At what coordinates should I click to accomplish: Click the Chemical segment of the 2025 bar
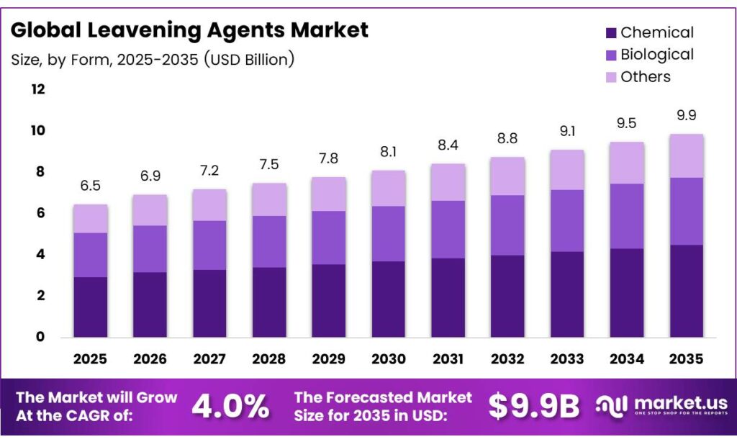coord(90,307)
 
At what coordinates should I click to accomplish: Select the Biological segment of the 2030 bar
coord(389,233)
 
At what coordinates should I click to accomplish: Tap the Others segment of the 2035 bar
coord(687,155)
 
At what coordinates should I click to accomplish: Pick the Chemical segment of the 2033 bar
coord(567,294)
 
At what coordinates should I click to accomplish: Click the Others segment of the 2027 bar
coord(209,205)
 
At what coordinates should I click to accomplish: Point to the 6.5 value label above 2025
coord(90,186)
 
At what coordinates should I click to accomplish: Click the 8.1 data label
coord(389,152)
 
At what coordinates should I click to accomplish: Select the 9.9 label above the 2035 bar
coord(687,115)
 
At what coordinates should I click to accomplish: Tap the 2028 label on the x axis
coord(269,358)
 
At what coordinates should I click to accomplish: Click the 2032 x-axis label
coord(507,358)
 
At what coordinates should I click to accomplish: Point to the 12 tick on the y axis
coord(37,89)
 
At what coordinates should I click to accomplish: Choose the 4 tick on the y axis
coord(41,254)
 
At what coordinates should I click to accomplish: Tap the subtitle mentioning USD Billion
coord(153,59)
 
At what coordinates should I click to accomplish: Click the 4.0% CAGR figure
coord(230,407)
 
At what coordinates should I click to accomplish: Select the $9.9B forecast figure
coord(534,407)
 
